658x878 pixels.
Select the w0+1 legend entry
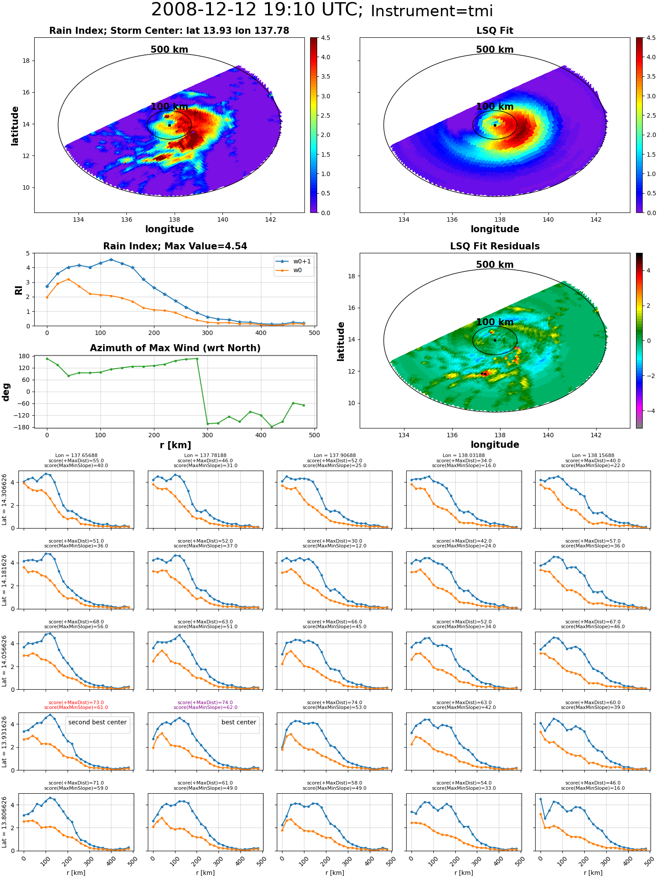click(x=293, y=261)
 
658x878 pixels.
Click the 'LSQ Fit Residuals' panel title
click(x=495, y=246)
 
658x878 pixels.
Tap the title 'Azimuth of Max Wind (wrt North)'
click(x=175, y=348)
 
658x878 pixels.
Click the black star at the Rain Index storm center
click(x=169, y=125)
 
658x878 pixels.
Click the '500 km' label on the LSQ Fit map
click(x=495, y=50)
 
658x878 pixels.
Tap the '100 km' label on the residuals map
click(x=495, y=322)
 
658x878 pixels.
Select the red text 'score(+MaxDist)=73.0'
click(x=76, y=702)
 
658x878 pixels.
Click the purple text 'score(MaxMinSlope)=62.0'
click(x=205, y=707)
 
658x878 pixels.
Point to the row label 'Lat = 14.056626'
click(x=4, y=661)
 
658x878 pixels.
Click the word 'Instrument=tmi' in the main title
click(x=432, y=11)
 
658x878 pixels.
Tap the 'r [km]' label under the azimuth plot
click(x=175, y=445)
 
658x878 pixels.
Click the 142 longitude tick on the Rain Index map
click(x=271, y=219)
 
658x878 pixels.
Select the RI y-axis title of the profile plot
click(x=18, y=290)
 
